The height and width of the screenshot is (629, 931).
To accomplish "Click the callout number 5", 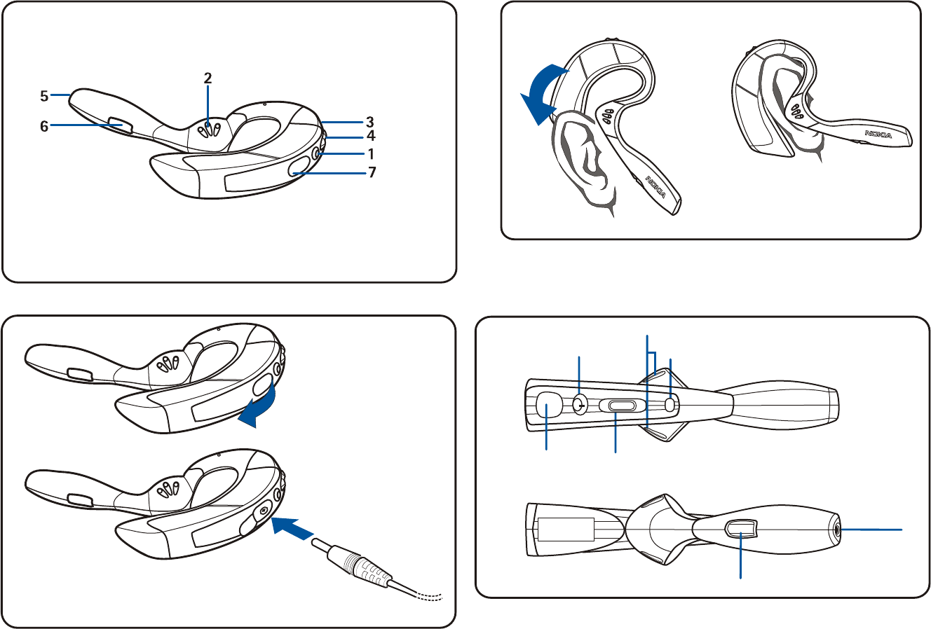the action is [x=43, y=94].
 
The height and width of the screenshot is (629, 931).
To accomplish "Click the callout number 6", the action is [x=44, y=127].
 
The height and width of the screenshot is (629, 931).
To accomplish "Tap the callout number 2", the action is [x=208, y=78].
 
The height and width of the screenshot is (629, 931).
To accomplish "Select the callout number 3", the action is [x=370, y=120].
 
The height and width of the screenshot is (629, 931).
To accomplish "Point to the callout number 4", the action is [x=371, y=137].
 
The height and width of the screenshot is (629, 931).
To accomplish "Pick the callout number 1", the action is [x=371, y=154].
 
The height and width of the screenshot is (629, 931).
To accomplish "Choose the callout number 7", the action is [x=372, y=172].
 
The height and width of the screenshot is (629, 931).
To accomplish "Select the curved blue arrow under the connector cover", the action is [x=258, y=409].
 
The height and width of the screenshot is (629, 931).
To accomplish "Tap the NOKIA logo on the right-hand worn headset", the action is [x=878, y=134].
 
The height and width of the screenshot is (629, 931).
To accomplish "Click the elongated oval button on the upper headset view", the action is [x=618, y=406].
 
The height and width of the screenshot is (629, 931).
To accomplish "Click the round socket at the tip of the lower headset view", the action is [x=839, y=530].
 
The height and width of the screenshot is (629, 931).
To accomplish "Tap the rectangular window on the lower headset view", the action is [x=741, y=531].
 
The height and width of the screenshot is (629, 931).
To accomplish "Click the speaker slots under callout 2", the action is [x=209, y=130].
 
